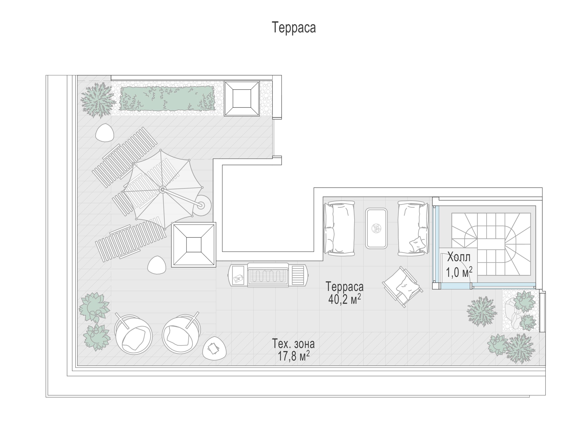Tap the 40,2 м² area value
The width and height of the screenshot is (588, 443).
345,299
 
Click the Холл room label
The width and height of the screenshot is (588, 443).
459,257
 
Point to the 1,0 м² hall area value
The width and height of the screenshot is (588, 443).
459,272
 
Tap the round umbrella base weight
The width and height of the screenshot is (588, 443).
202,205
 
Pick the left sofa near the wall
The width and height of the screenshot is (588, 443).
339,228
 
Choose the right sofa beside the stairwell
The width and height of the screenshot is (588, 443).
413,228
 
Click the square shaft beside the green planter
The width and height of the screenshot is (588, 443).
242,98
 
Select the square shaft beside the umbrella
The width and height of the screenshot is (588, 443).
194,245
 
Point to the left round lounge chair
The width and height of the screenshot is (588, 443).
133,334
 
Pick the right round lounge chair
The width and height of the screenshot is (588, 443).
181,333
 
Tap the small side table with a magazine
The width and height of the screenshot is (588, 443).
214,348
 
